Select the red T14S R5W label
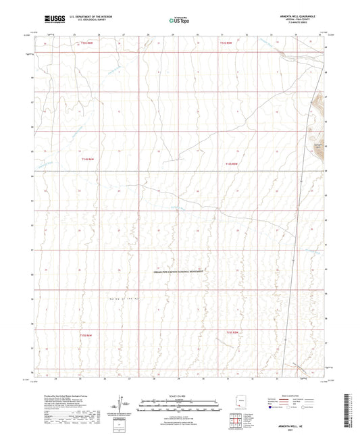click(x=232, y=163)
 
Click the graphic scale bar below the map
click(x=179, y=405)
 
